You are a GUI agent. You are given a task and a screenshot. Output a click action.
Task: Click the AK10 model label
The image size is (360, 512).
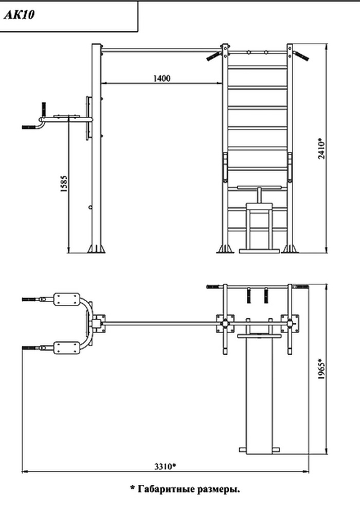coord(19,15)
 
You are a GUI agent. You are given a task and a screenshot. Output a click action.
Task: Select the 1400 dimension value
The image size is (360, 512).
coord(161,78)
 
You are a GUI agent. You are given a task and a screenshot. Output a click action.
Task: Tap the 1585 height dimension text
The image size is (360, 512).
coord(64,184)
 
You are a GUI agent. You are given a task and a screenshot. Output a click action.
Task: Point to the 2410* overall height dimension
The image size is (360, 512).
coord(322,149)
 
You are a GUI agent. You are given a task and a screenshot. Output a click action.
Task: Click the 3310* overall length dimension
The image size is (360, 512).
coord(165,466)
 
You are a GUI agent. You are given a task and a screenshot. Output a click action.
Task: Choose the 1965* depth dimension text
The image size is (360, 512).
coord(322,369)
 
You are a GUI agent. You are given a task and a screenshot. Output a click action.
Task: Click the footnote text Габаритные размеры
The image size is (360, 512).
coord(189,489)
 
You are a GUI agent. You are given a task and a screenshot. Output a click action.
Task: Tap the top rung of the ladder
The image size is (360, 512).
coord(258,67)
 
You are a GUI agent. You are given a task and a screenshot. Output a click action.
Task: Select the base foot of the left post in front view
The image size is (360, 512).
coord(96,248)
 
